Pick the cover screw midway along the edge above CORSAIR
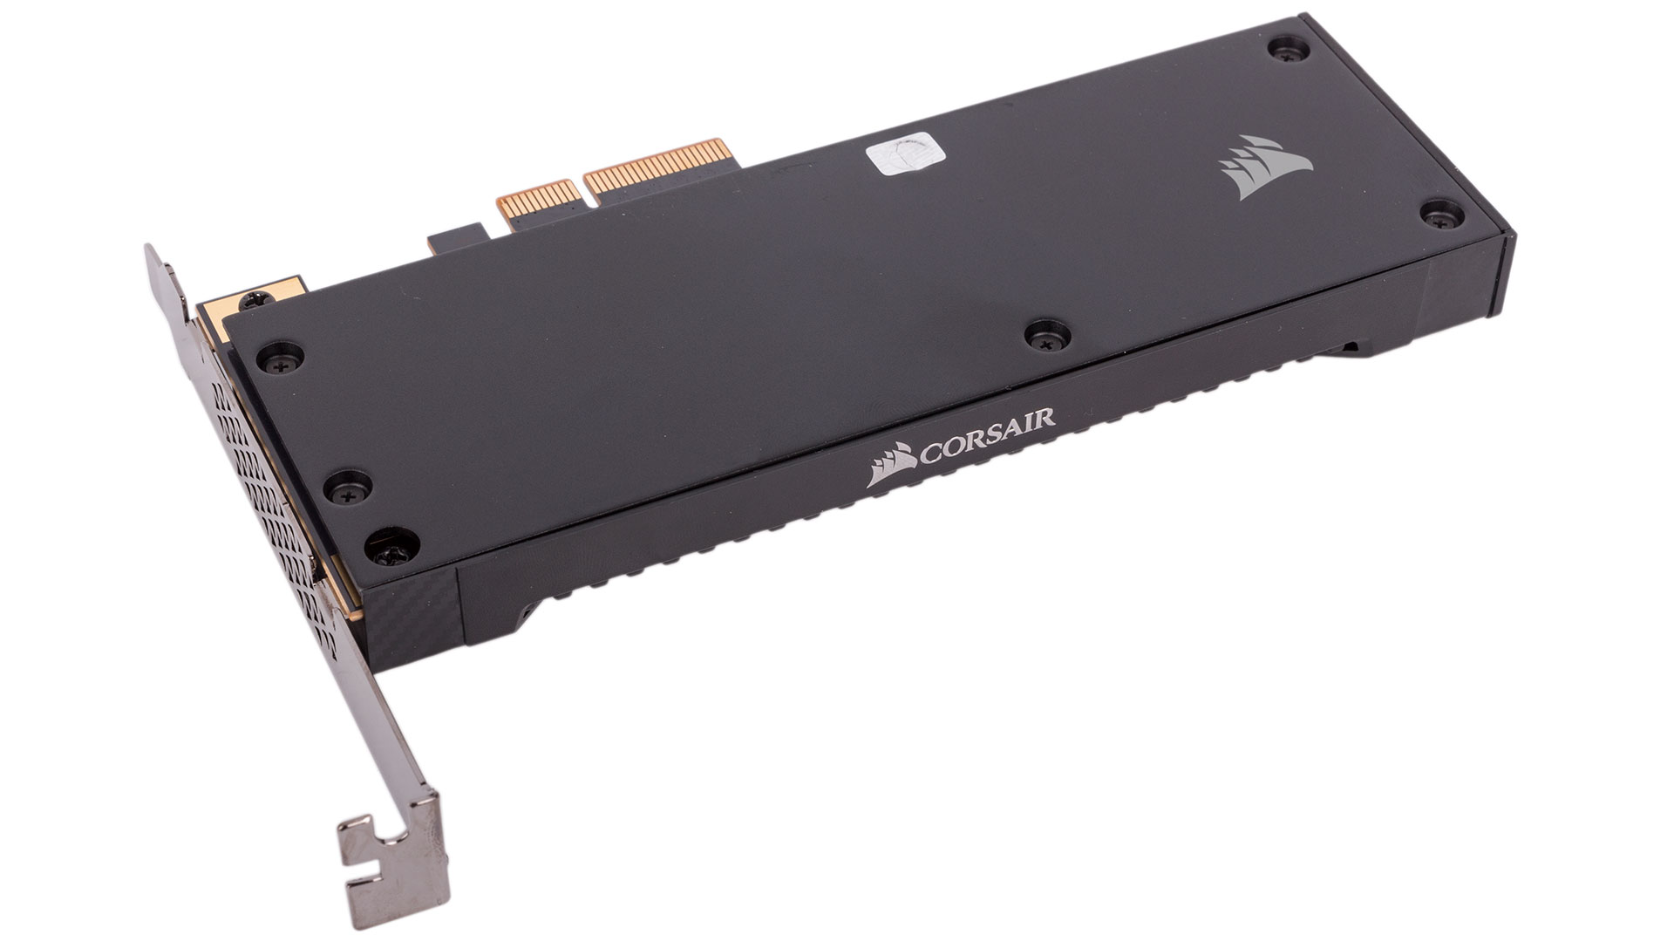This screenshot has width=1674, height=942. click(1041, 334)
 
